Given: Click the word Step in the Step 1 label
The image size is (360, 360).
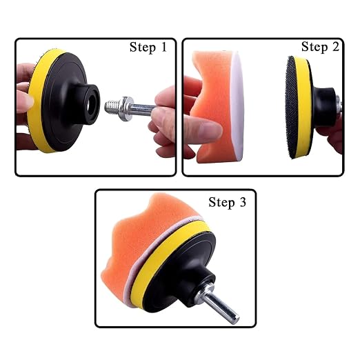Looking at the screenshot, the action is coord(143,48).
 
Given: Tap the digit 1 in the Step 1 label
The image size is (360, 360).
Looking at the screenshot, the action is coord(164,47).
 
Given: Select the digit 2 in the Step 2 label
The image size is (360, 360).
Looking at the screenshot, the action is coord(336,46).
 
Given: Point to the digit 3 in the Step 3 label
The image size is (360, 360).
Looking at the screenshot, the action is coord(243,202).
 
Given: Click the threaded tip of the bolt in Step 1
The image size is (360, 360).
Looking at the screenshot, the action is coord(111,108).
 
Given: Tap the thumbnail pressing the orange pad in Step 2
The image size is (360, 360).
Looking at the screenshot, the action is coord(210,129).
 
